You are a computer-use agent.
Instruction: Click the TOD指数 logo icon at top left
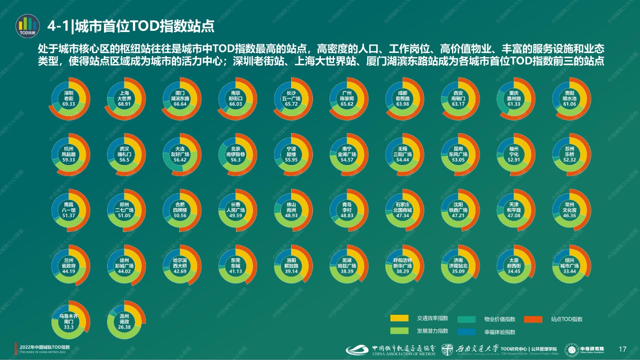pos(28,26)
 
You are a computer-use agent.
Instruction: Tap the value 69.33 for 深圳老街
pos(68,104)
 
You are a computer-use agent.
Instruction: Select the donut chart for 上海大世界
pos(124,98)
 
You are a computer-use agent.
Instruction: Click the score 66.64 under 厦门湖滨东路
pos(180,104)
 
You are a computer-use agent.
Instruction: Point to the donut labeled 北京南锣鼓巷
pos(236,154)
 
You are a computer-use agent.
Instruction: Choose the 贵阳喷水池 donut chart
pos(569,98)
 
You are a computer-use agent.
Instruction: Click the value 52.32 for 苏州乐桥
pos(569,160)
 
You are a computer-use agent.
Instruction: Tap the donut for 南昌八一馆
pos(68,210)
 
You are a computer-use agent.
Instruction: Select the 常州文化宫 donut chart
pos(569,210)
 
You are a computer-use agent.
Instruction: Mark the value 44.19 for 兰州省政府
pos(68,271)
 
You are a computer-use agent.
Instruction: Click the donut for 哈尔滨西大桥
pos(180,266)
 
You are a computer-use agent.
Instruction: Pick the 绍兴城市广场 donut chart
pos(569,266)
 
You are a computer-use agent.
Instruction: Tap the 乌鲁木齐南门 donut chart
pos(68,322)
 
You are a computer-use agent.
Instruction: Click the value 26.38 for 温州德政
pos(124,327)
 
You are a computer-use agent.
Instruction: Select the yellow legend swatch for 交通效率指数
pos(399,318)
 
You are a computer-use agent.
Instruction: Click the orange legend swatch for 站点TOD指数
pos(533,319)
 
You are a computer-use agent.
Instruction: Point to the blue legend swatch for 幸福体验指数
pos(466,332)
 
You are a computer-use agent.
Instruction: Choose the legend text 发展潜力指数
pos(432,331)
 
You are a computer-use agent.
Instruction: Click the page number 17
pos(622,349)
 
